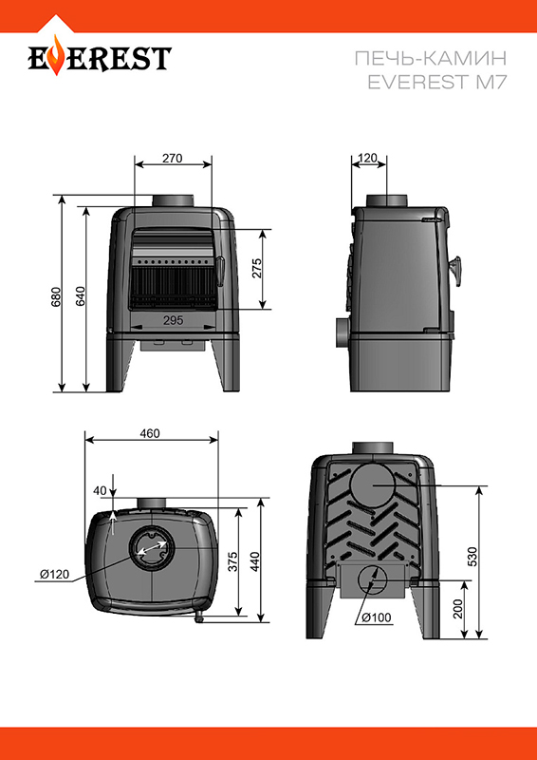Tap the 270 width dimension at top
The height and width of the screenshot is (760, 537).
point(173,158)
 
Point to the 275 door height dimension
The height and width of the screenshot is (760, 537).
point(256,268)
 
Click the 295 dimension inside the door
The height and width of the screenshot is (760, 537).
point(174,320)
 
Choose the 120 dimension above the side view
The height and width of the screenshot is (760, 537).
point(368,158)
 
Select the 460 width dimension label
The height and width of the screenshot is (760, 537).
point(150,433)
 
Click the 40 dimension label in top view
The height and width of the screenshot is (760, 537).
point(100,490)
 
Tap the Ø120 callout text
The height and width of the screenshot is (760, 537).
point(55,575)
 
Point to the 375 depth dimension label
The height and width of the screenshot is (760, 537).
point(233,561)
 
